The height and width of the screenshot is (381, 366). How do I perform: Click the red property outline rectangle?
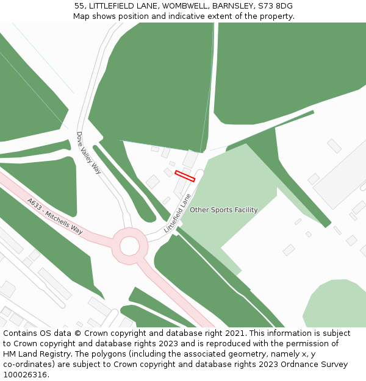(x=185, y=176)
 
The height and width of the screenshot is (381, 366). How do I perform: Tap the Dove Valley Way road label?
(x=89, y=153)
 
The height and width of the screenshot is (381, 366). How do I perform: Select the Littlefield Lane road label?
(x=178, y=213)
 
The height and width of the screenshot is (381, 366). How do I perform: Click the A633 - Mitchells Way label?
(x=55, y=216)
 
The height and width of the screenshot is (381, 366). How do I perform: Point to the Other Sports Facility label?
(x=223, y=210)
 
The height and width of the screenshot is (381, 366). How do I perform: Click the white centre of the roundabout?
(x=129, y=246)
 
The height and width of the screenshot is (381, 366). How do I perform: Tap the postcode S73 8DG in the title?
(x=275, y=6)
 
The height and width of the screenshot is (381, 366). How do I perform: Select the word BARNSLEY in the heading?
(x=232, y=6)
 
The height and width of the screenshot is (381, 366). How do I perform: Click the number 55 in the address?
(x=79, y=6)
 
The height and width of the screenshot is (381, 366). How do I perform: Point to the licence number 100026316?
(x=26, y=375)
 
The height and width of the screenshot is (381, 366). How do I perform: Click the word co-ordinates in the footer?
(x=29, y=365)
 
